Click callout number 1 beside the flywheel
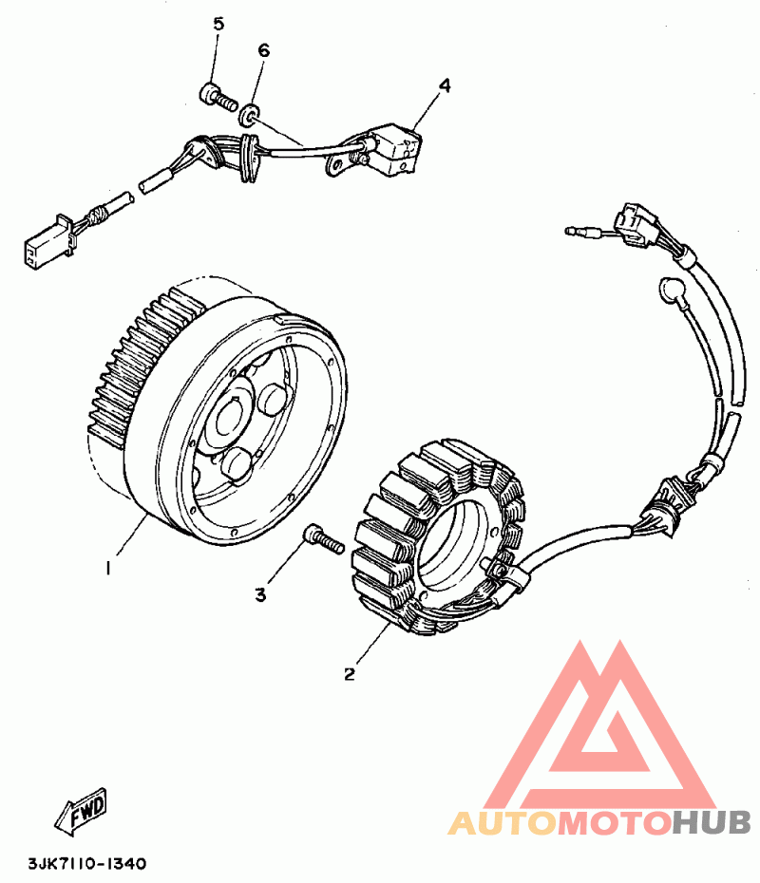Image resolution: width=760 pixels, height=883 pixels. click(x=108, y=568)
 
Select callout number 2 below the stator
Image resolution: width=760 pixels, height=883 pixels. click(x=350, y=675)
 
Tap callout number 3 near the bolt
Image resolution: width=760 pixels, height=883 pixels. click(x=261, y=594)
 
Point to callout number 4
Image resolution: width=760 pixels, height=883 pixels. click(x=445, y=85)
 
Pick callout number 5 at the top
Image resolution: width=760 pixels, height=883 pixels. click(x=218, y=24)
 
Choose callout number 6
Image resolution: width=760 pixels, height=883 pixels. click(x=263, y=49)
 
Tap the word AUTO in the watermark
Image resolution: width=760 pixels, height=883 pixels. click(x=503, y=821)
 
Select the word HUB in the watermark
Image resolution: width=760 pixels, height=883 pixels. click(x=712, y=821)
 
